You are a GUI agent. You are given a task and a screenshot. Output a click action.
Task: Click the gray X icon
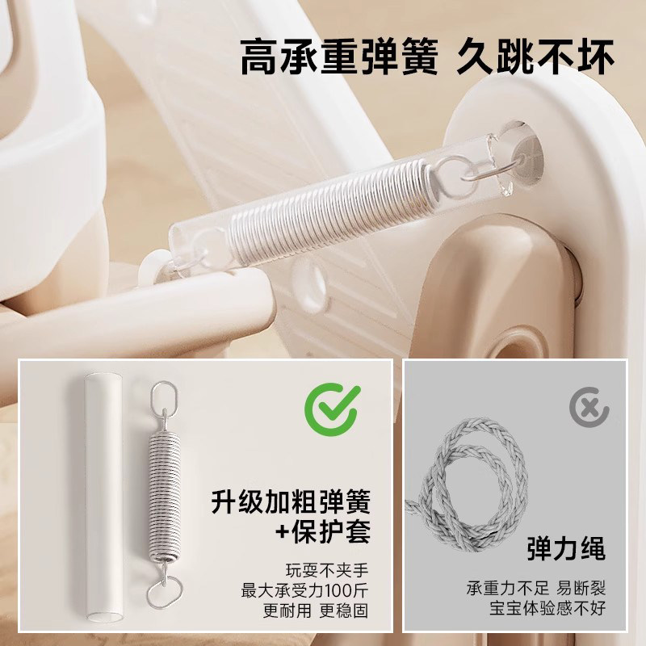[x=589, y=408]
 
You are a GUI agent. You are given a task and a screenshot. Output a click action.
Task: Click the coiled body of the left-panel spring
[x=163, y=497]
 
